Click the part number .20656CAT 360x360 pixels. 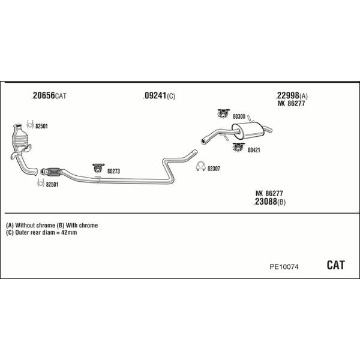49,95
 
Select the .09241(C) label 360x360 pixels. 159,95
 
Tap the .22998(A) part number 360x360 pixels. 292,95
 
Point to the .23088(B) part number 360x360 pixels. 270,202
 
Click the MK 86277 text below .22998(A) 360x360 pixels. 293,104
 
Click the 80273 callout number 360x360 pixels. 113,172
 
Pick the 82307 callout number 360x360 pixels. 214,169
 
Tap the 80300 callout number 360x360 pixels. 239,116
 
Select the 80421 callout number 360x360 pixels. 254,150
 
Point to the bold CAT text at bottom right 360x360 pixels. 335,265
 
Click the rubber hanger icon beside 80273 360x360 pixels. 96,168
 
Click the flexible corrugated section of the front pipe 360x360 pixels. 53,170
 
